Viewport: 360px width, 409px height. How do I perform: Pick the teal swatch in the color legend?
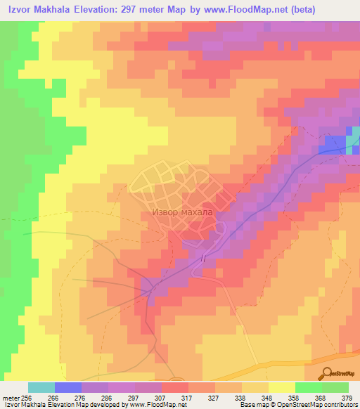click(x=41, y=387)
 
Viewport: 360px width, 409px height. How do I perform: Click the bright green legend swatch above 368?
click(x=309, y=387)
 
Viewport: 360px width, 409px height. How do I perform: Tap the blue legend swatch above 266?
click(x=68, y=387)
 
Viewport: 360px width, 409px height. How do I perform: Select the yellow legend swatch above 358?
click(x=282, y=387)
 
